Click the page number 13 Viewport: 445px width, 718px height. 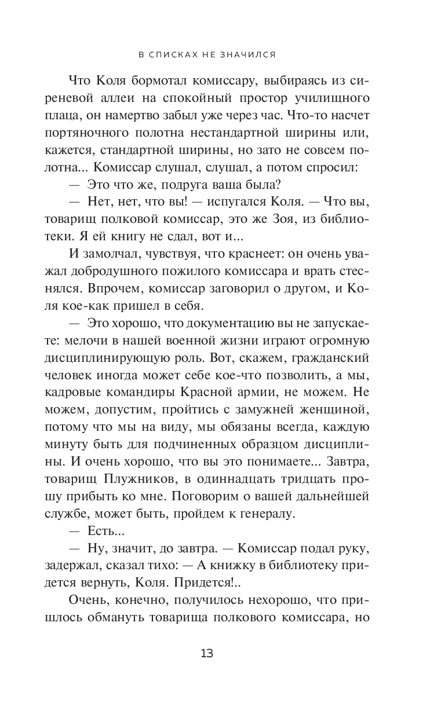pos(207,654)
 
